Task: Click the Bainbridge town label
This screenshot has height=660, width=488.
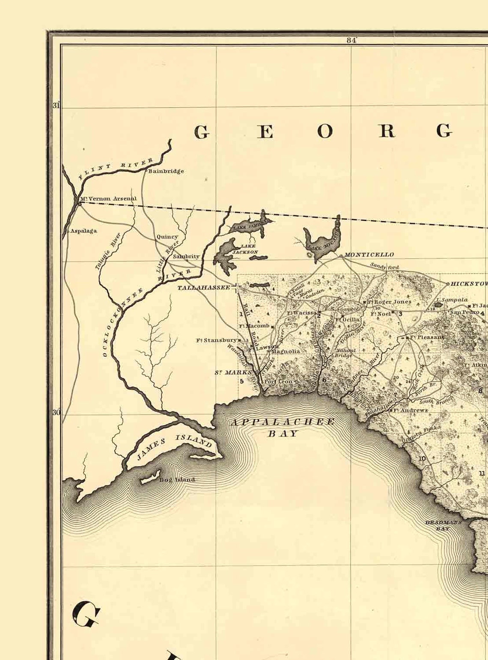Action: (166, 171)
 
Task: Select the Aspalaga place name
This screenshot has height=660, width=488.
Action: (83, 231)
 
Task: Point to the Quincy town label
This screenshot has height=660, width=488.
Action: (167, 237)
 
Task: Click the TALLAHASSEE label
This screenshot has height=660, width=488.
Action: (204, 288)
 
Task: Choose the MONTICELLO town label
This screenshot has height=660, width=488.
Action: (369, 255)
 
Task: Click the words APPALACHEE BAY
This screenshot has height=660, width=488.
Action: (283, 427)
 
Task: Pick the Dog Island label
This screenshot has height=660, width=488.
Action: (177, 480)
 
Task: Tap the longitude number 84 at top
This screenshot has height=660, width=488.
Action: (351, 40)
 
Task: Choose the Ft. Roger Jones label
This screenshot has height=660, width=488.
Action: (389, 302)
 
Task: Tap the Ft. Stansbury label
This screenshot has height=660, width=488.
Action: (216, 340)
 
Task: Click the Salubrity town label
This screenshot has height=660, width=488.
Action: (186, 256)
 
